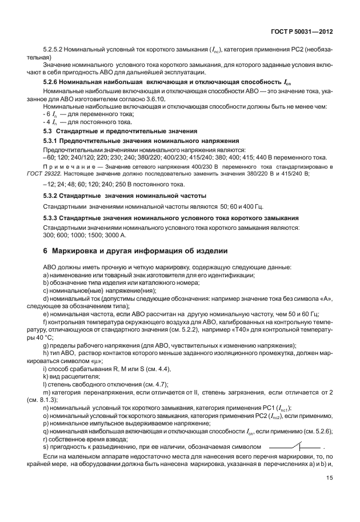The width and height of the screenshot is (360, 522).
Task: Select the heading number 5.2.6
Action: click(52, 83)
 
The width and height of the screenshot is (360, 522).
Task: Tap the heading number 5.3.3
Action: click(52, 218)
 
